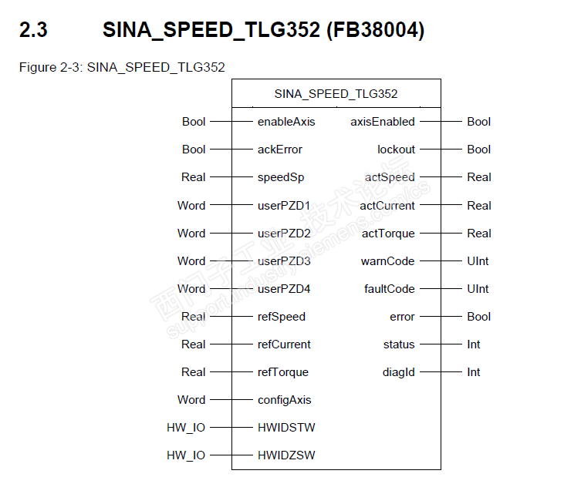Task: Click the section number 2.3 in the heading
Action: click(x=33, y=32)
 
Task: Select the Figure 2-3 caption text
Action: click(x=122, y=67)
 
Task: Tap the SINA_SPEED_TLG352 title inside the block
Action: click(x=336, y=94)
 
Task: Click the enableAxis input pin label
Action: click(x=286, y=122)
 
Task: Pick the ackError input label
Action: click(x=280, y=150)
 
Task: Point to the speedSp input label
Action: click(x=281, y=177)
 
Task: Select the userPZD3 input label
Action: click(x=284, y=261)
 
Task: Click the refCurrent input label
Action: click(x=284, y=344)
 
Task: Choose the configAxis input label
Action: click(x=284, y=400)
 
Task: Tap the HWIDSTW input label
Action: click(x=286, y=428)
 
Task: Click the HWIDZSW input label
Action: click(x=286, y=455)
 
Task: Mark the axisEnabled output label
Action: click(x=383, y=122)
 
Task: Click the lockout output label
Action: click(x=396, y=150)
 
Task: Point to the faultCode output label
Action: click(x=390, y=289)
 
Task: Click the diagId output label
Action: click(x=399, y=372)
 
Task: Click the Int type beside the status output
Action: click(x=474, y=344)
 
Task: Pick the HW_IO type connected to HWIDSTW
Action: click(x=186, y=428)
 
